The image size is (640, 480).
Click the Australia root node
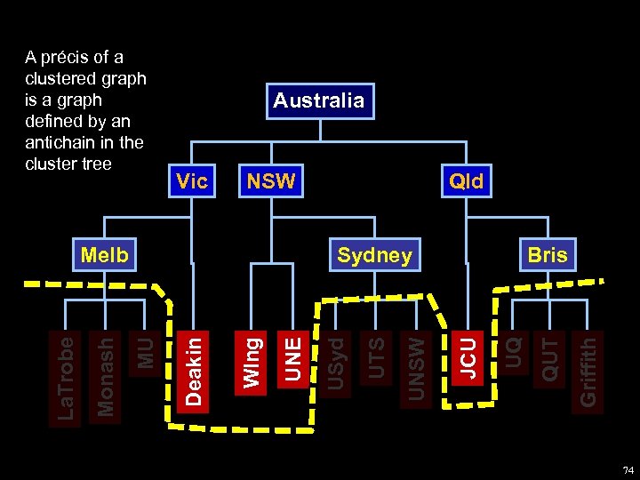click(x=318, y=100)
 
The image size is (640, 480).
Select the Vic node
click(x=192, y=182)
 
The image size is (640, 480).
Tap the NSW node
click(x=271, y=182)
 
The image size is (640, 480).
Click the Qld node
click(x=466, y=182)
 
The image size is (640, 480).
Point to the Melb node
click(x=105, y=256)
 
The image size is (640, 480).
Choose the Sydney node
click(x=374, y=256)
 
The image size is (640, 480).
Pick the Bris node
click(x=547, y=256)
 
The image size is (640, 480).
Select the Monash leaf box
click(x=105, y=374)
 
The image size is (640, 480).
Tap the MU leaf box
click(x=145, y=351)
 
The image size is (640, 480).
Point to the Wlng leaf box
click(x=252, y=360)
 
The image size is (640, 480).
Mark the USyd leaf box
click(x=335, y=360)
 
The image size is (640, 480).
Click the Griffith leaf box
click(x=588, y=370)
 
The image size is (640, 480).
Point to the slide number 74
click(x=628, y=469)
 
